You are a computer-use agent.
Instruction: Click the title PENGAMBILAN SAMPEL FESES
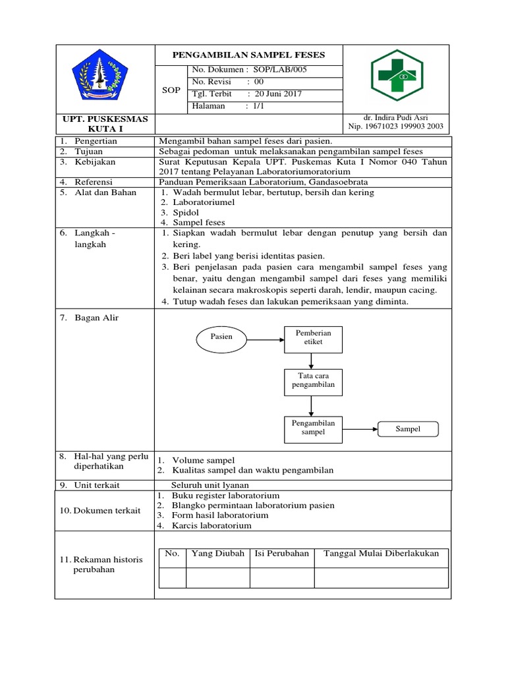click(249, 55)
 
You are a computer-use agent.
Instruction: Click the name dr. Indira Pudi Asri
click(395, 117)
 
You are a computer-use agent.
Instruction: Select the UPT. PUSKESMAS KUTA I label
click(105, 123)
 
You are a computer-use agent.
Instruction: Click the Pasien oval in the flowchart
click(221, 337)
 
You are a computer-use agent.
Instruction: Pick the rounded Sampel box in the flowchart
click(408, 429)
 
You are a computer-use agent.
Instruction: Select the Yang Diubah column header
click(218, 554)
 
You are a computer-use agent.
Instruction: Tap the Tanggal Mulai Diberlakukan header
click(381, 554)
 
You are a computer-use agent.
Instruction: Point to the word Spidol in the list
click(185, 213)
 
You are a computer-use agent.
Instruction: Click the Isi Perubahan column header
click(281, 554)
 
